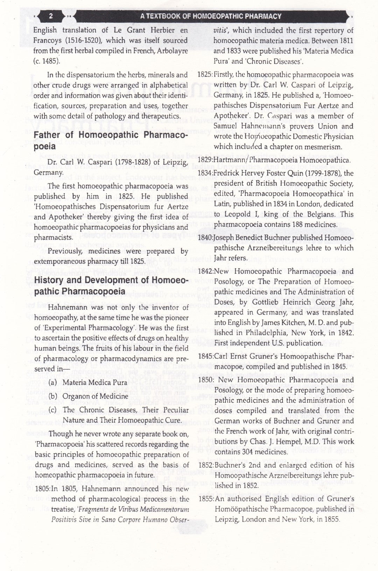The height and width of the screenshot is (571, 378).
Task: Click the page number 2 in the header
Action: tap(50, 16)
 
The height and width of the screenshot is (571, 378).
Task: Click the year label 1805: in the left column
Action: tap(42, 489)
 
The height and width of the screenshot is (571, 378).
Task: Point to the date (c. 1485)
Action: tap(47, 61)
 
